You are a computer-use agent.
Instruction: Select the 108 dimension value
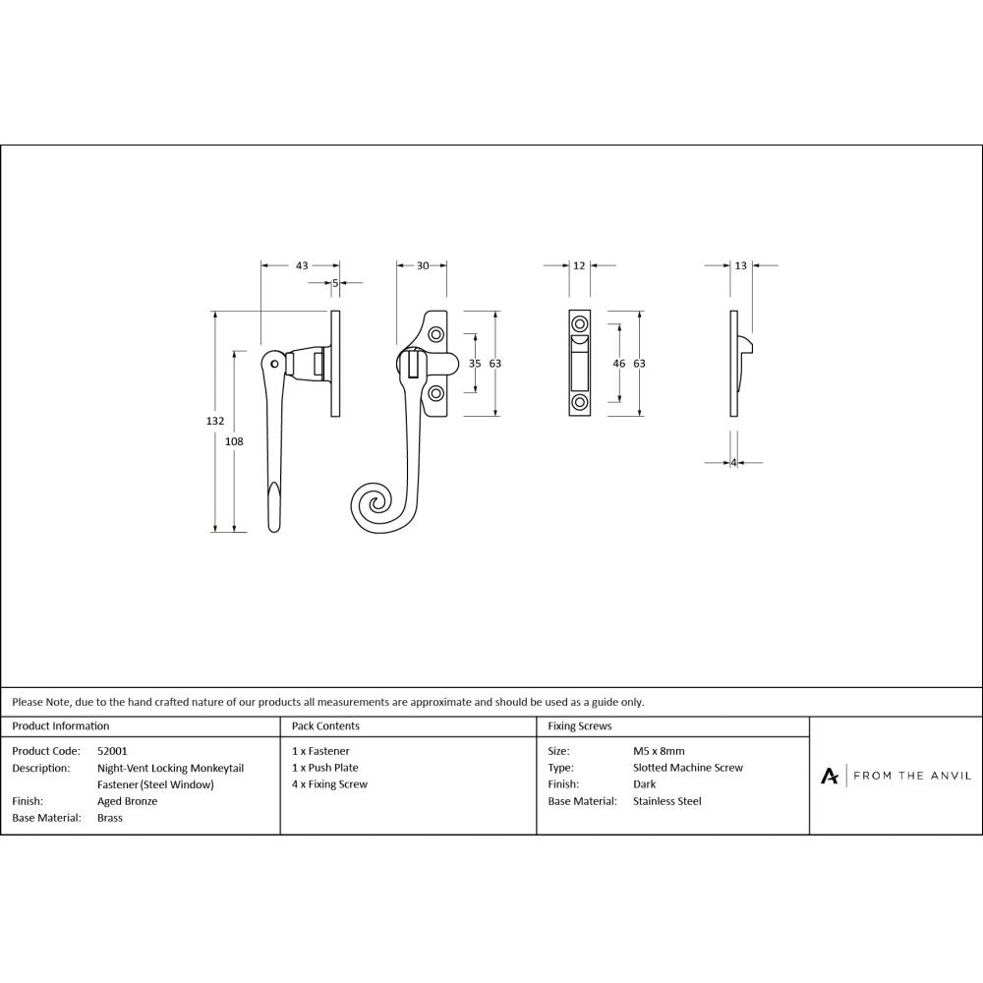coord(234,441)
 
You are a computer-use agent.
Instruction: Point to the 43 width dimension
coord(302,265)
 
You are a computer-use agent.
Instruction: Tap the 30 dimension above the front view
coord(423,265)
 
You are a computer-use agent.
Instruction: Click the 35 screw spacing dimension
coord(475,364)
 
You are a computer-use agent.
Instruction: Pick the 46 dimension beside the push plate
coord(618,364)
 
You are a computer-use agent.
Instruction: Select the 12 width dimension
coord(579,265)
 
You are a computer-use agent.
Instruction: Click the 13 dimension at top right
coord(740,265)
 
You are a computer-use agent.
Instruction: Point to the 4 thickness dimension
coord(733,463)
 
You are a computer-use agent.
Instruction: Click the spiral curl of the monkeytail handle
coord(375,506)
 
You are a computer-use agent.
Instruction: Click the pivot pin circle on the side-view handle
coord(275,364)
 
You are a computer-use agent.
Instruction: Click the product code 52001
coord(112,751)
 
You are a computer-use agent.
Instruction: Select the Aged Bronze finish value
coord(127,801)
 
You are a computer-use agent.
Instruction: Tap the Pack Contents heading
coord(325,726)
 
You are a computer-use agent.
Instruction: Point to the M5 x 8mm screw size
coord(659,751)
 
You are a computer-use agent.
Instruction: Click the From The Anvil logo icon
coord(830,776)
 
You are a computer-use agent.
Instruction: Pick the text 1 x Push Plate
coord(324,768)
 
